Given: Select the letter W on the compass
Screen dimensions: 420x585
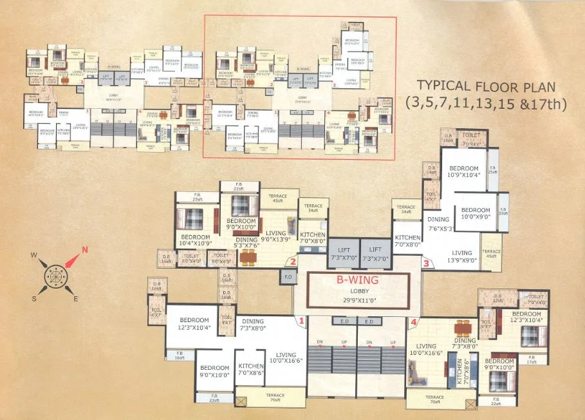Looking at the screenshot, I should click(33, 255).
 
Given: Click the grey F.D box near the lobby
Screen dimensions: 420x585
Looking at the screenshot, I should click(287, 277).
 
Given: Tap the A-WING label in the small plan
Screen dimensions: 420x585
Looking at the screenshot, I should click(115, 66).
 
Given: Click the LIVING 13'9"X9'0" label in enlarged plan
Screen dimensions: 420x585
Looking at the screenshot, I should click(461, 256).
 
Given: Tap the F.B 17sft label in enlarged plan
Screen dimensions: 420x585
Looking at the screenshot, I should click(531, 359).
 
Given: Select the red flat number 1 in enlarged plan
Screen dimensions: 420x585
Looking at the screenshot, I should click(300, 320).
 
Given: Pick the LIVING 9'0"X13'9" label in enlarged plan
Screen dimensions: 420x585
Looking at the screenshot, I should click(277, 236).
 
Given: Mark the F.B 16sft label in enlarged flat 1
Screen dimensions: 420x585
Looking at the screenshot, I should click(180, 355).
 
